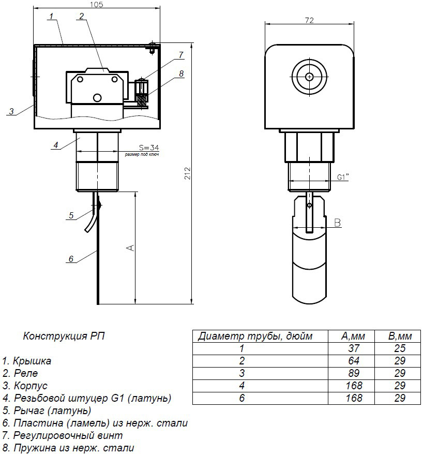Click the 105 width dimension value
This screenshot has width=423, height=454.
tap(97, 5)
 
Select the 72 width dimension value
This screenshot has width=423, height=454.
tap(310, 20)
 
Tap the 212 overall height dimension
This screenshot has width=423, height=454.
tap(188, 173)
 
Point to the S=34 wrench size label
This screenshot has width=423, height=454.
tap(149, 148)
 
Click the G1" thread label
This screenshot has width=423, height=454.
tap(342, 177)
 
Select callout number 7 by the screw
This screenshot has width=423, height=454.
tap(181, 54)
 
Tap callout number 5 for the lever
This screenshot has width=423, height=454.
tap(72, 214)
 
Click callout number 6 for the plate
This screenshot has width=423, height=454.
tap(71, 258)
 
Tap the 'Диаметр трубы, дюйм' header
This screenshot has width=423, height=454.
tap(255, 336)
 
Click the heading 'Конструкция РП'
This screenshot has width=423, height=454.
tap(64, 336)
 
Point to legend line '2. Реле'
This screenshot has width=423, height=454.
tap(21, 373)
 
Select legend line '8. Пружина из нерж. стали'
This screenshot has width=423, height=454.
tap(68, 448)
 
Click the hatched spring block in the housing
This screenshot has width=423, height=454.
tap(142, 97)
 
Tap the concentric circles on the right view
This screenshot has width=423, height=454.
tap(309, 77)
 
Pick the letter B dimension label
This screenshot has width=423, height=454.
tap(337, 223)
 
